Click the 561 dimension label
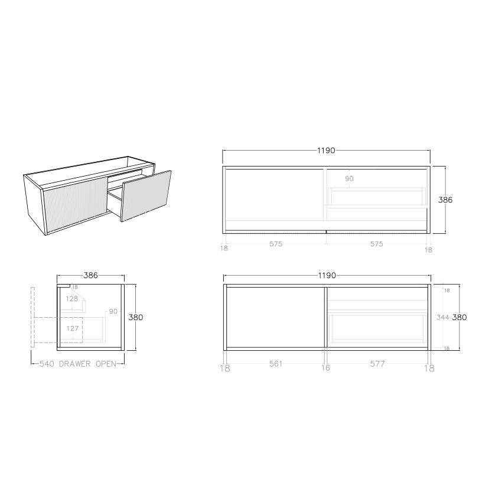click(275, 364)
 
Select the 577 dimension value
click(377, 364)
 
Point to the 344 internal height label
click(443, 317)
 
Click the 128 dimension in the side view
click(72, 299)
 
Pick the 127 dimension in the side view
click(72, 328)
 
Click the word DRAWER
click(74, 364)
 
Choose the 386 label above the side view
click(90, 275)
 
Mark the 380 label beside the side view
click(136, 317)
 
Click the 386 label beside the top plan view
click(445, 200)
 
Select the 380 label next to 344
click(459, 317)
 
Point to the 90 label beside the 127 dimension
click(112, 311)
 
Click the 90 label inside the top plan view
click(349, 178)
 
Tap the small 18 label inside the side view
click(74, 288)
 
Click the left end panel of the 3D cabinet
click(34, 204)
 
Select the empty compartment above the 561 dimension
click(275, 317)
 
